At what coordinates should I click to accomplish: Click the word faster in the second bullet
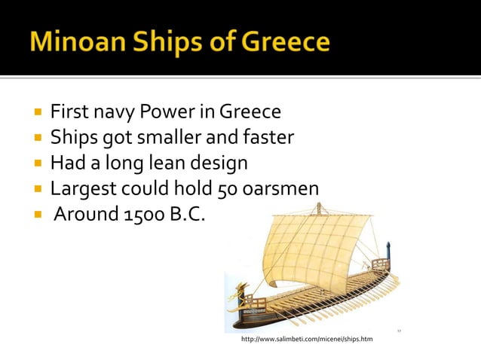pos(269,139)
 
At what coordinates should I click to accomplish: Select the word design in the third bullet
pos(220,163)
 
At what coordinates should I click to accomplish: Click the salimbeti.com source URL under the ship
pos(306,340)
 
